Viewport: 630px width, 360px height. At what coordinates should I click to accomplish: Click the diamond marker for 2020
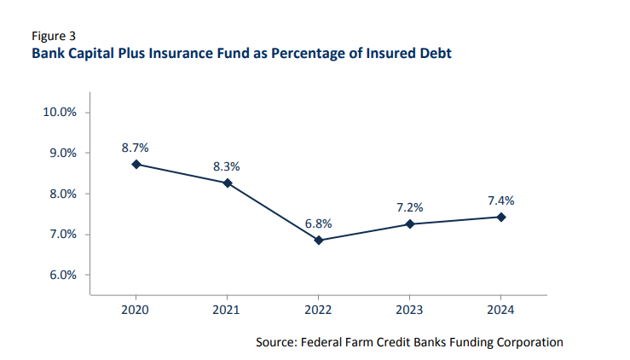(136, 164)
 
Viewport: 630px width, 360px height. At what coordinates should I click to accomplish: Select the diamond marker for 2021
(228, 183)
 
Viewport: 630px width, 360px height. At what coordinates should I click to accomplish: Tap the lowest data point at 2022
(319, 241)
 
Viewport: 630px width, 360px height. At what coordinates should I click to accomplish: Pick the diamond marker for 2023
(410, 224)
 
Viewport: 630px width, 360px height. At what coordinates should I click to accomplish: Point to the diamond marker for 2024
(501, 217)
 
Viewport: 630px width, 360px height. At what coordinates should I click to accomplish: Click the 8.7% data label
(136, 147)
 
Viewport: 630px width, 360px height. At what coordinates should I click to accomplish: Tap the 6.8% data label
(319, 224)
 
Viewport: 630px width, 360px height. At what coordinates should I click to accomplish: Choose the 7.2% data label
(410, 207)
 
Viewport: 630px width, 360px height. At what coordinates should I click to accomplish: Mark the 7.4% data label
(501, 200)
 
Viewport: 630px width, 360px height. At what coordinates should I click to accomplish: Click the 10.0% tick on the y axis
(61, 112)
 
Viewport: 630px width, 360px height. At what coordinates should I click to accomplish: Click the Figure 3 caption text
(54, 36)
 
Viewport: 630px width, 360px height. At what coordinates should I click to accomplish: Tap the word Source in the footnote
(278, 342)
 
